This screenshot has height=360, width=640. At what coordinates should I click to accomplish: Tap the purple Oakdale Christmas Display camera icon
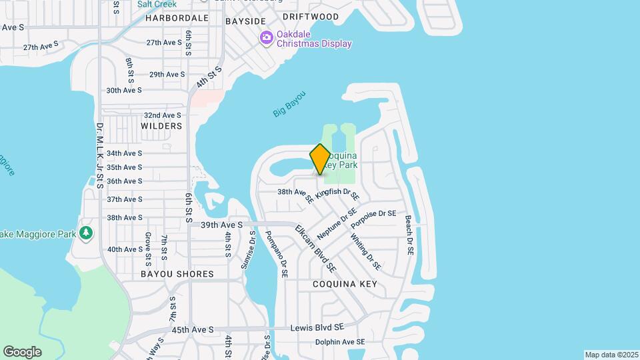(267, 37)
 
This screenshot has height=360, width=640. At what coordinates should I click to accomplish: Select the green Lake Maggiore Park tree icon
(85, 233)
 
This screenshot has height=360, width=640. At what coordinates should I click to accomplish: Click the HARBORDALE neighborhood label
(177, 18)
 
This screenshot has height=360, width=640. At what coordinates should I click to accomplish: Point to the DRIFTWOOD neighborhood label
(311, 17)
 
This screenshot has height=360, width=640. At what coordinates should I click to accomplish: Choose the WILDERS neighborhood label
(161, 126)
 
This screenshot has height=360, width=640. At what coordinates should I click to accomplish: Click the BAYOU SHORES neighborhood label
(177, 274)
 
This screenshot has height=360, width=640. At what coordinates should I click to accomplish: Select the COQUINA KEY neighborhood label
(345, 284)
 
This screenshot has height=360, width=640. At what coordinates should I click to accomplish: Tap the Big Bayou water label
(289, 104)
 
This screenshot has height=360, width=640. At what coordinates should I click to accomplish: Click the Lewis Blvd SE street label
(317, 328)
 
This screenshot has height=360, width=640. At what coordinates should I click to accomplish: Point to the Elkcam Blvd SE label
(315, 247)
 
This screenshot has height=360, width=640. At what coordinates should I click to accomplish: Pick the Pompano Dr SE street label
(276, 254)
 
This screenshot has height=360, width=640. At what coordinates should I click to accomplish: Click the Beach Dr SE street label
(409, 237)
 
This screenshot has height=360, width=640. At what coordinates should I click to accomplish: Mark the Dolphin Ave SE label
(341, 342)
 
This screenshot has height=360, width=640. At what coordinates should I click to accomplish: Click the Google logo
(23, 351)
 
